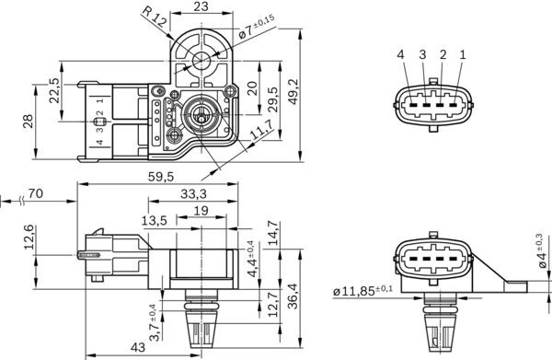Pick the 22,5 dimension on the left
(x=54, y=97)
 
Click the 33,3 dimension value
(x=192, y=193)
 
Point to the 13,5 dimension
(x=154, y=220)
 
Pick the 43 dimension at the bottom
(x=136, y=348)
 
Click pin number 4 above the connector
(x=401, y=55)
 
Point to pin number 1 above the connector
(x=462, y=55)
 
